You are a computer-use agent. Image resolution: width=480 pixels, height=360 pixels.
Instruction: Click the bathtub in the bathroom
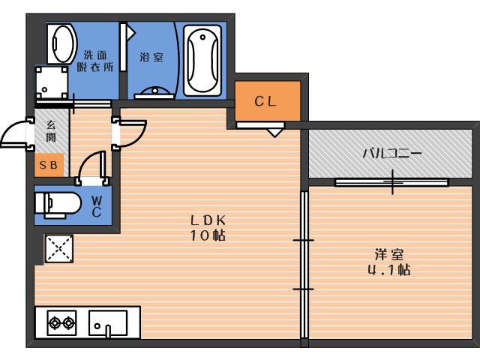202,60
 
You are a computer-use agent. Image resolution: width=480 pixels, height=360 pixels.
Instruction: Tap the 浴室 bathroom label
151,57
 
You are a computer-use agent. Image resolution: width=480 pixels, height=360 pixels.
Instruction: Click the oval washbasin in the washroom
61,44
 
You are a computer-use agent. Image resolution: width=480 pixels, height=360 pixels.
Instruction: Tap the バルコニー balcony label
392,153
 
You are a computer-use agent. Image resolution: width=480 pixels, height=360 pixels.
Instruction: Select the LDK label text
208,220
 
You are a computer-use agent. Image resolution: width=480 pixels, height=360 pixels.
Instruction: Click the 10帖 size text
208,235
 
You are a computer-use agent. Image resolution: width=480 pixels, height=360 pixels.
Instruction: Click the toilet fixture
56,204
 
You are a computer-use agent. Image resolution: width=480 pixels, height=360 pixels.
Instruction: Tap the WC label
97,205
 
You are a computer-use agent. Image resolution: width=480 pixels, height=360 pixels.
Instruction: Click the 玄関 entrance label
51,132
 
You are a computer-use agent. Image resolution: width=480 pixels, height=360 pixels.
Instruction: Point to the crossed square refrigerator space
59,248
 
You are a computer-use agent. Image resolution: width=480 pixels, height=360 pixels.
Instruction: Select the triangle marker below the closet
274,133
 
